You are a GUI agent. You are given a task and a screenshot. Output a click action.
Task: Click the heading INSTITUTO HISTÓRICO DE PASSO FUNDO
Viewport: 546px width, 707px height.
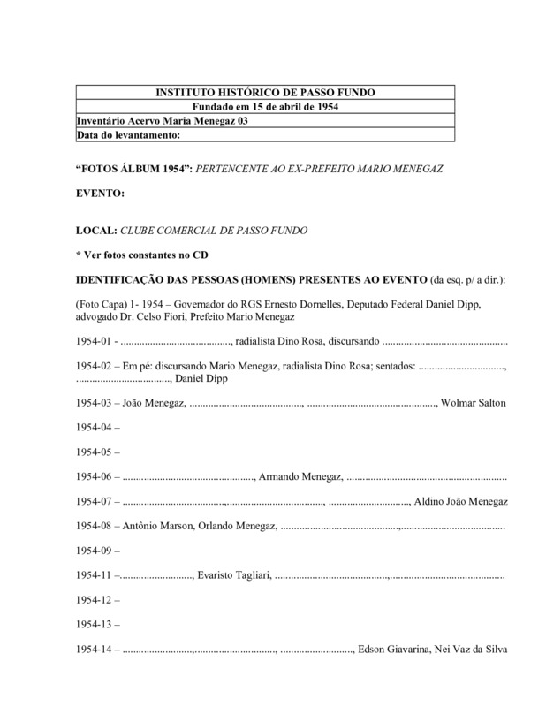265,93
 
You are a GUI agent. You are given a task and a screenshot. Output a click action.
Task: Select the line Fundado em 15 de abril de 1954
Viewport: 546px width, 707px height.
265,107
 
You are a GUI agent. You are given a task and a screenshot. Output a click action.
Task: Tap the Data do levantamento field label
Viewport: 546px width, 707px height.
129,135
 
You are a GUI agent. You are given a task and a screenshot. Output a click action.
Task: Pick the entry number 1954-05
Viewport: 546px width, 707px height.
95,452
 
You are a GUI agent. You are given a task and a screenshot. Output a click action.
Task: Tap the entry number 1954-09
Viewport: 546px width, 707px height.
95,551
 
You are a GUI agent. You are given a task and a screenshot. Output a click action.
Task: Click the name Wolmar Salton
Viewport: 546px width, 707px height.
474,403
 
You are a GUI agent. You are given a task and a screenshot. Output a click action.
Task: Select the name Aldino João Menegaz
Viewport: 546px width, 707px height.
462,502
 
